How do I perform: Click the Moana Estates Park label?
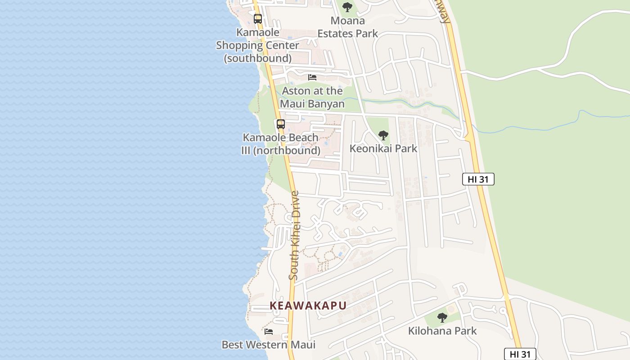347,27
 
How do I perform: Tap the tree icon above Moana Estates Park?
347,7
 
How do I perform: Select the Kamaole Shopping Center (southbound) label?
257,45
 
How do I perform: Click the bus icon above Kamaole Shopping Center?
257,19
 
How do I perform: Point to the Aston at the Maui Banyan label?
312,97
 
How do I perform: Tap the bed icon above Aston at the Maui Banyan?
312,77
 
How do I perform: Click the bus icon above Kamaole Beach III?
280,124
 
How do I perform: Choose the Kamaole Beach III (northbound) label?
281,144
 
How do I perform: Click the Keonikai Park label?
383,148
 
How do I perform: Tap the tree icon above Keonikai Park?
383,135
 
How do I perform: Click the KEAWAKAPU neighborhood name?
308,306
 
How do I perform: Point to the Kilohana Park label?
442,331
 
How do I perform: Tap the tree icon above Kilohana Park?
442,318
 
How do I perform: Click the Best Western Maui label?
269,345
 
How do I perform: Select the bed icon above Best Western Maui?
269,332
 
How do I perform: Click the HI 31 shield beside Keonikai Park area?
478,179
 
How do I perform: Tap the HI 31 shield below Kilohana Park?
520,354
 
